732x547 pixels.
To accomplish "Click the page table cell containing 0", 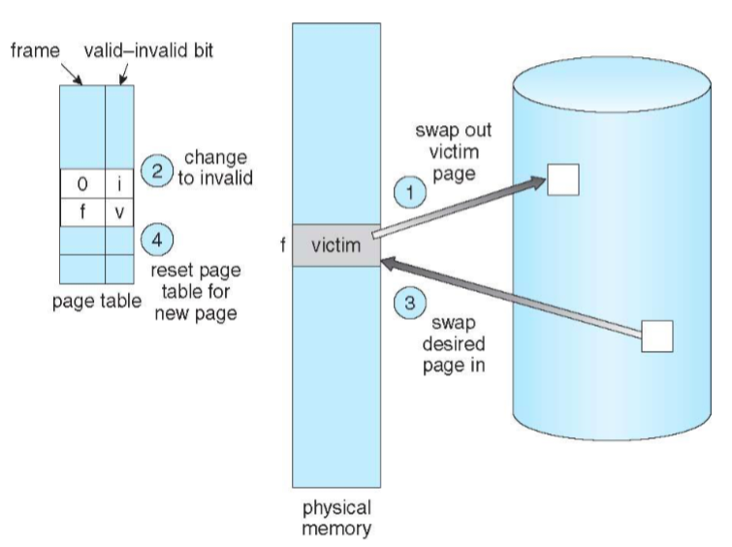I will click(82, 184).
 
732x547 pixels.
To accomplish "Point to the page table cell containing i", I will click(117, 184).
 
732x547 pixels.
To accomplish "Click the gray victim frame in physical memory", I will click(334, 246).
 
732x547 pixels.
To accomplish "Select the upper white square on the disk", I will click(561, 179).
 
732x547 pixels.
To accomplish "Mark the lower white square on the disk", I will click(656, 335).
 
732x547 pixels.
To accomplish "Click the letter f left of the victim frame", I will click(282, 246).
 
